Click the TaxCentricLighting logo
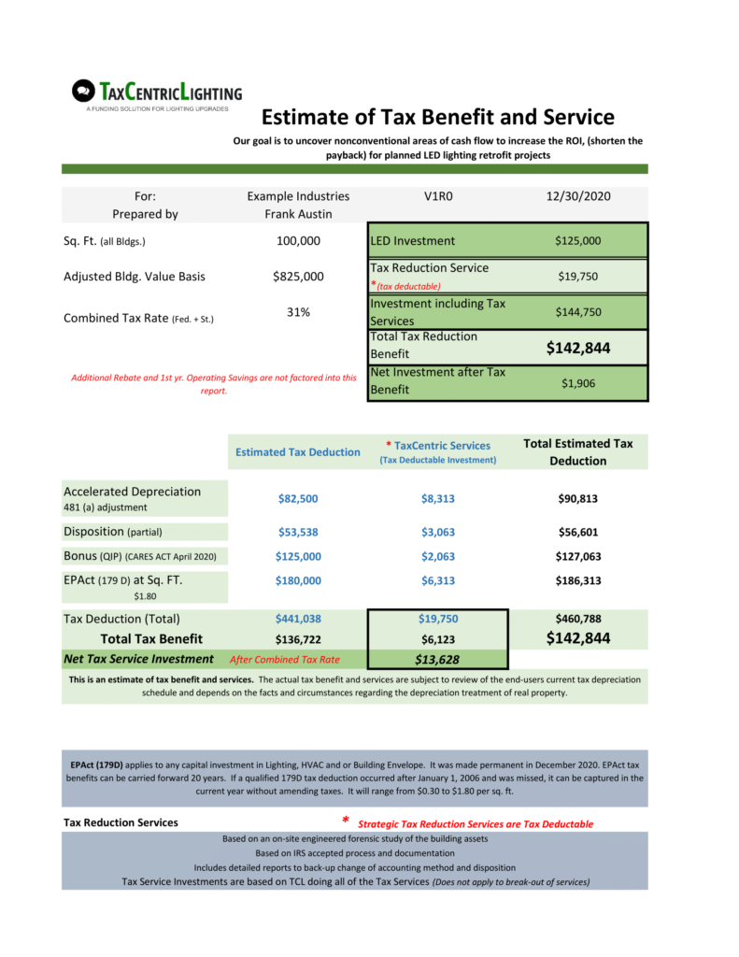pyautogui.click(x=156, y=94)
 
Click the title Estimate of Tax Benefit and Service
pyautogui.click(x=437, y=117)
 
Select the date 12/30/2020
pyautogui.click(x=577, y=196)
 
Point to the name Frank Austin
pyautogui.click(x=298, y=214)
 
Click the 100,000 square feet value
pyautogui.click(x=298, y=241)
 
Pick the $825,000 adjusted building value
pyautogui.click(x=298, y=277)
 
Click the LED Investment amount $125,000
pyautogui.click(x=577, y=241)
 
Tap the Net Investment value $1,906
pyautogui.click(x=577, y=383)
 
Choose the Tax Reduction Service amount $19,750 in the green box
pyautogui.click(x=577, y=277)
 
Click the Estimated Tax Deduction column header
pyautogui.click(x=297, y=452)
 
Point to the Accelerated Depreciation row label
pyautogui.click(x=132, y=492)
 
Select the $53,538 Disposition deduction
pyautogui.click(x=298, y=533)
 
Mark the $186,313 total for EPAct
pyautogui.click(x=577, y=580)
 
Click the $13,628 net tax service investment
pyautogui.click(x=437, y=660)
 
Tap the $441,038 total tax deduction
pyautogui.click(x=298, y=619)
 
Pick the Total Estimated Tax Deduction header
pyautogui.click(x=577, y=452)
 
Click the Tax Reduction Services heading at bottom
pyautogui.click(x=121, y=823)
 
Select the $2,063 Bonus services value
pyautogui.click(x=437, y=557)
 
